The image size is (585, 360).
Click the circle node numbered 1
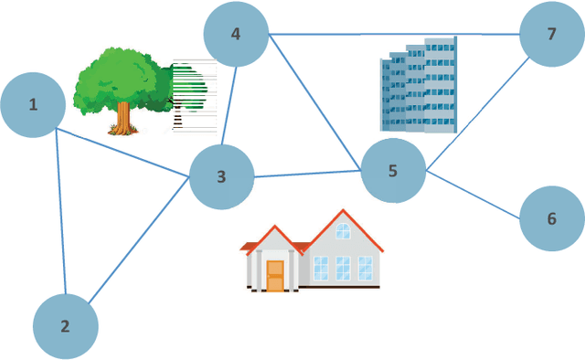(33, 105)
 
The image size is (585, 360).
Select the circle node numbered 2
(65, 326)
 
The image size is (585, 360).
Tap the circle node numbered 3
(221, 176)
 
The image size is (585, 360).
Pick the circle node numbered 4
(236, 35)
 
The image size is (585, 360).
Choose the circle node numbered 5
(393, 171)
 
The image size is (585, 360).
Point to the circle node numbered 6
(551, 219)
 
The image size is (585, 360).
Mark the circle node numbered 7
(551, 35)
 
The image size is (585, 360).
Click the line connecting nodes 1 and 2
(61, 210)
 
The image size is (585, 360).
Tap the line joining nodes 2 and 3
(139, 242)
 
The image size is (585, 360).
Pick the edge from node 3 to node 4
(230, 105)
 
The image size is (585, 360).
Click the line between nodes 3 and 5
(307, 174)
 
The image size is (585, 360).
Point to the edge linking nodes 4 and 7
(393, 35)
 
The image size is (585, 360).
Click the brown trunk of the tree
(123, 117)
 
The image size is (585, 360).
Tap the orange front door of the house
(275, 275)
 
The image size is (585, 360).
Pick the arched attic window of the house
(343, 231)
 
